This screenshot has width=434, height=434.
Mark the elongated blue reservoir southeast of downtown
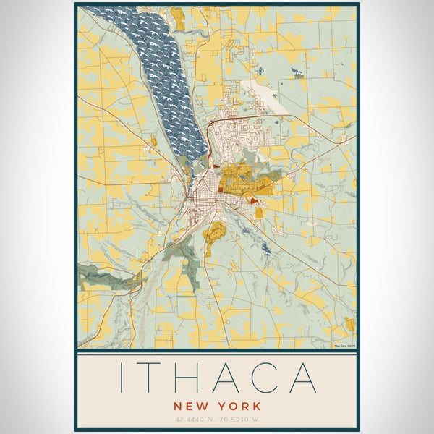267,250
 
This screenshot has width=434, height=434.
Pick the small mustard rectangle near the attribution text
349,323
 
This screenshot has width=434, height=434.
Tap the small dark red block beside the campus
252,200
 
